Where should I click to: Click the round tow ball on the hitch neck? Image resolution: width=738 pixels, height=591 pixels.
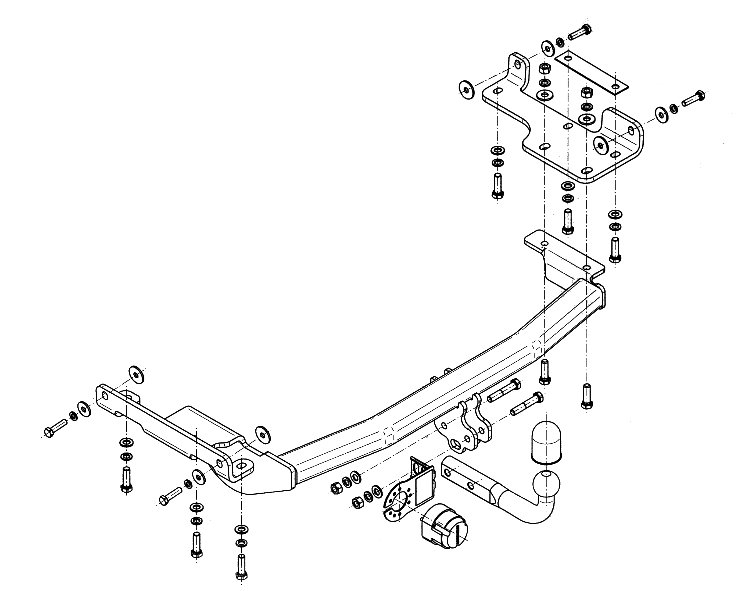pos(546,484)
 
